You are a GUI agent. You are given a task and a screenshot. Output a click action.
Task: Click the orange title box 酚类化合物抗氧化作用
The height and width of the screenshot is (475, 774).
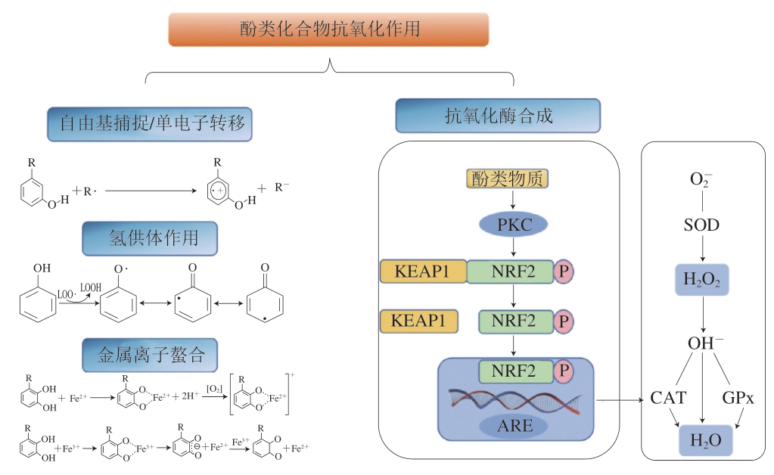[329, 29]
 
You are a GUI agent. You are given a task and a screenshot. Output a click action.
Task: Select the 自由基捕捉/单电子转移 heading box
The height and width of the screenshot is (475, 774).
[149, 124]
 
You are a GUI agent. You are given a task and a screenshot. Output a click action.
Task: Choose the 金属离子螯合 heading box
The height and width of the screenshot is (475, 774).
[150, 354]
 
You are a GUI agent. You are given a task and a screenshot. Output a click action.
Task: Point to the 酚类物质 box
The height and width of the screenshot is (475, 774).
[506, 179]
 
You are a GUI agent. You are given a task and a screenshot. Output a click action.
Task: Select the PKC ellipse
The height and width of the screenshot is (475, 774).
[514, 224]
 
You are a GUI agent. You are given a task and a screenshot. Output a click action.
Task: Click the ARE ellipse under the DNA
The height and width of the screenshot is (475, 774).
[514, 425]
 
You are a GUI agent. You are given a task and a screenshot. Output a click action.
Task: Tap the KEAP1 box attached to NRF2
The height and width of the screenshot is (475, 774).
[422, 272]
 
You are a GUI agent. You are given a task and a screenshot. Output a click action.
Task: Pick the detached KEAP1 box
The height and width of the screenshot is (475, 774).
[418, 321]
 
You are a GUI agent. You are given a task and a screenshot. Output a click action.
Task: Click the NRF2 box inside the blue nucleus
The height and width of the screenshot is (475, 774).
[514, 371]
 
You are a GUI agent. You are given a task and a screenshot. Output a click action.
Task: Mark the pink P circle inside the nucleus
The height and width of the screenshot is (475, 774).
[563, 371]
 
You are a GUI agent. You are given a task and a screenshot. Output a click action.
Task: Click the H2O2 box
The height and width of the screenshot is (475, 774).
[703, 280]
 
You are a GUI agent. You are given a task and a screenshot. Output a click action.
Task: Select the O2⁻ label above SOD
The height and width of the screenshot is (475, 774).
[702, 179]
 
